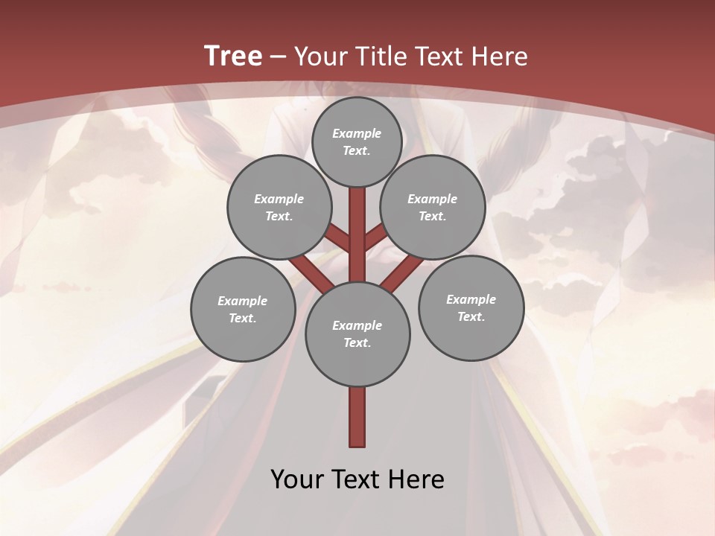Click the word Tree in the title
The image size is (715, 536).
pos(233,56)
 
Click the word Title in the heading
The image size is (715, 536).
pos(378,57)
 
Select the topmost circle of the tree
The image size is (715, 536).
pos(357,141)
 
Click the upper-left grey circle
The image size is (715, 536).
pos(279,207)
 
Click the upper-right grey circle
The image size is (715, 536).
pos(433,207)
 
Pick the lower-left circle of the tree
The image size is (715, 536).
pos(243,309)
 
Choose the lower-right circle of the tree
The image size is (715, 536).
pos(471,307)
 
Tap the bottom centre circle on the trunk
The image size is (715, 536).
pos(357,334)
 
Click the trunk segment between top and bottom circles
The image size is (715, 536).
pos(357,238)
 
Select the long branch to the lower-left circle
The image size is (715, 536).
pos(311,272)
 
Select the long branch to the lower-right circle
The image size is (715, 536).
pos(402,272)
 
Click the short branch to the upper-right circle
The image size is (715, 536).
pos(375,237)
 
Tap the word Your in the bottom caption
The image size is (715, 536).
pos(297,479)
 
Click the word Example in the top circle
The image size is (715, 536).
pos(357,133)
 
